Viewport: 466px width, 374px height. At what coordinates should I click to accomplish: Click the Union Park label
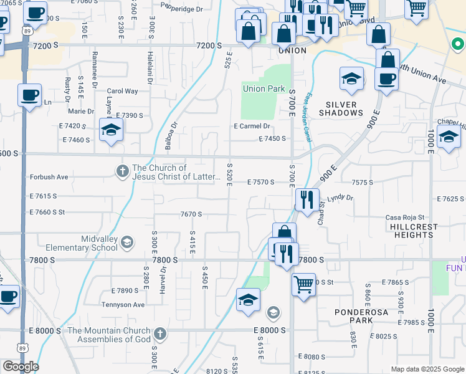point(264,89)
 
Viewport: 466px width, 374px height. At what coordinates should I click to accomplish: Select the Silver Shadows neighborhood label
point(341,108)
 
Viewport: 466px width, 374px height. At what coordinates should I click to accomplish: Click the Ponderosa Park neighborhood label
point(353,316)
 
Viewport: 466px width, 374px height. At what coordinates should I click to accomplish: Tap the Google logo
point(21,367)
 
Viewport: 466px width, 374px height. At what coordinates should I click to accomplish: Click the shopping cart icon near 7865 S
point(303,284)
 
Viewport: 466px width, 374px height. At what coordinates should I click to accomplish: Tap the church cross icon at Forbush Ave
point(123,170)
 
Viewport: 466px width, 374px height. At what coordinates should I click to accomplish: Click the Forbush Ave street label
point(49,177)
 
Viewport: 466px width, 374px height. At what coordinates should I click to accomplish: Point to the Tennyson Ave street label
point(123,305)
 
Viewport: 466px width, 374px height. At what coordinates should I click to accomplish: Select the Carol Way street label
point(122,91)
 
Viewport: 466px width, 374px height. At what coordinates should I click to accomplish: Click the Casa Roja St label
point(405,217)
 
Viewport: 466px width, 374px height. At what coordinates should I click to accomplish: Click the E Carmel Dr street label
point(252,126)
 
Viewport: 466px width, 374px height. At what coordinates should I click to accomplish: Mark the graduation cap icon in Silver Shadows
point(351,79)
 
